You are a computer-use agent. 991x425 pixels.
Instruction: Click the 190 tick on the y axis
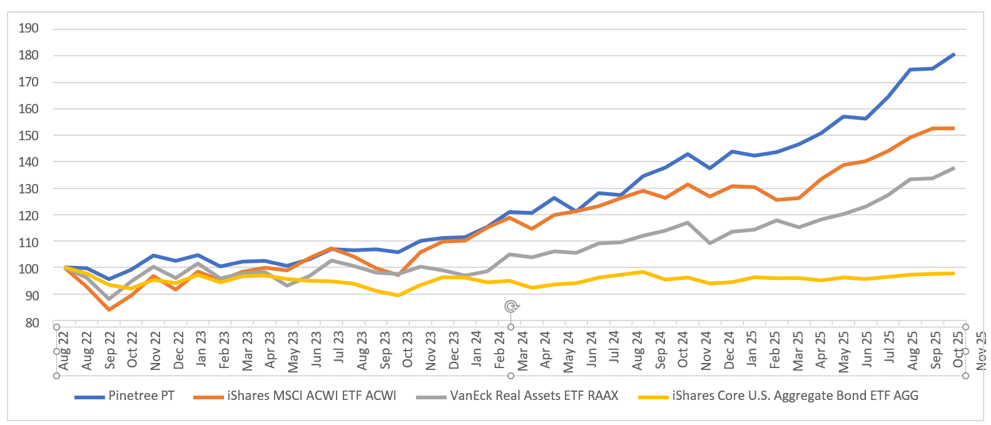click(29, 28)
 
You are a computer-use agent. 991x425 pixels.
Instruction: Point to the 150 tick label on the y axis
click(29, 135)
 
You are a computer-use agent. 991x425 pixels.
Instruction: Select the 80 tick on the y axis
click(31, 323)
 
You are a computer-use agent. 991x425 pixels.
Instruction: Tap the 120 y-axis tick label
click(29, 215)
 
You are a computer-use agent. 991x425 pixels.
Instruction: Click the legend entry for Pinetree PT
click(141, 396)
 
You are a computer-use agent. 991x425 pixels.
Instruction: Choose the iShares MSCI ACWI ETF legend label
click(312, 396)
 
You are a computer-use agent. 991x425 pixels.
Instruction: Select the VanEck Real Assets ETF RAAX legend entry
click(534, 396)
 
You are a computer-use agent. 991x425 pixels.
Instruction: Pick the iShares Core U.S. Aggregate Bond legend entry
click(795, 396)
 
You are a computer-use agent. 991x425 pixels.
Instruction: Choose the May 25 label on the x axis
click(844, 351)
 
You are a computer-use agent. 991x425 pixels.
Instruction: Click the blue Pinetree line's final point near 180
click(953, 54)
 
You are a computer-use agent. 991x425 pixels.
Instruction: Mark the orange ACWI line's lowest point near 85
click(109, 309)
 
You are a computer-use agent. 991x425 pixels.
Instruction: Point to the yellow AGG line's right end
click(953, 274)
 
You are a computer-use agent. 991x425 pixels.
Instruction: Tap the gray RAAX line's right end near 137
click(953, 168)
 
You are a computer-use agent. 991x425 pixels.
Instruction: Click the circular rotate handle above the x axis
click(511, 306)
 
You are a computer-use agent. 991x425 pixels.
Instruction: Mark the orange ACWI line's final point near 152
click(953, 128)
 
